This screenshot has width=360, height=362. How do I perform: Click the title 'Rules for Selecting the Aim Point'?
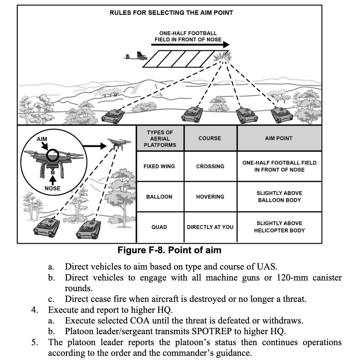coord(171,13)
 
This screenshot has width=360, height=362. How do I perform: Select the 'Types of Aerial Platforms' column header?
coord(160,138)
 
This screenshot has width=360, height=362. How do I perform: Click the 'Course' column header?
coord(210,138)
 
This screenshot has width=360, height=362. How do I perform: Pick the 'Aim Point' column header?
coord(279,138)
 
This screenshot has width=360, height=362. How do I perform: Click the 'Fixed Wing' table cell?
coord(159,166)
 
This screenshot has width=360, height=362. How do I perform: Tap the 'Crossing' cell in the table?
coord(210,166)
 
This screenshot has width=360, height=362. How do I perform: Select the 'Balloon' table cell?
coord(159,197)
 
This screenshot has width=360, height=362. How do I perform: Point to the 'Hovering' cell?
coord(210,197)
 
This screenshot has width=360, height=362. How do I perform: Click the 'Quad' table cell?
coord(159,227)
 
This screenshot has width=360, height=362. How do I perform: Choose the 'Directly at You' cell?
coord(210,227)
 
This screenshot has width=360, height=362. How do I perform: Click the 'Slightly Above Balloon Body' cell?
coord(279,196)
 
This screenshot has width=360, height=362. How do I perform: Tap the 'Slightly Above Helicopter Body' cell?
coord(279,227)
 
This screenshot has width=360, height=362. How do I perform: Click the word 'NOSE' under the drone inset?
coord(53,188)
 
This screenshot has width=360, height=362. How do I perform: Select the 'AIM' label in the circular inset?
coord(42,139)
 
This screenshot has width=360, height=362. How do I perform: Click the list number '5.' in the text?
coord(35,342)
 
